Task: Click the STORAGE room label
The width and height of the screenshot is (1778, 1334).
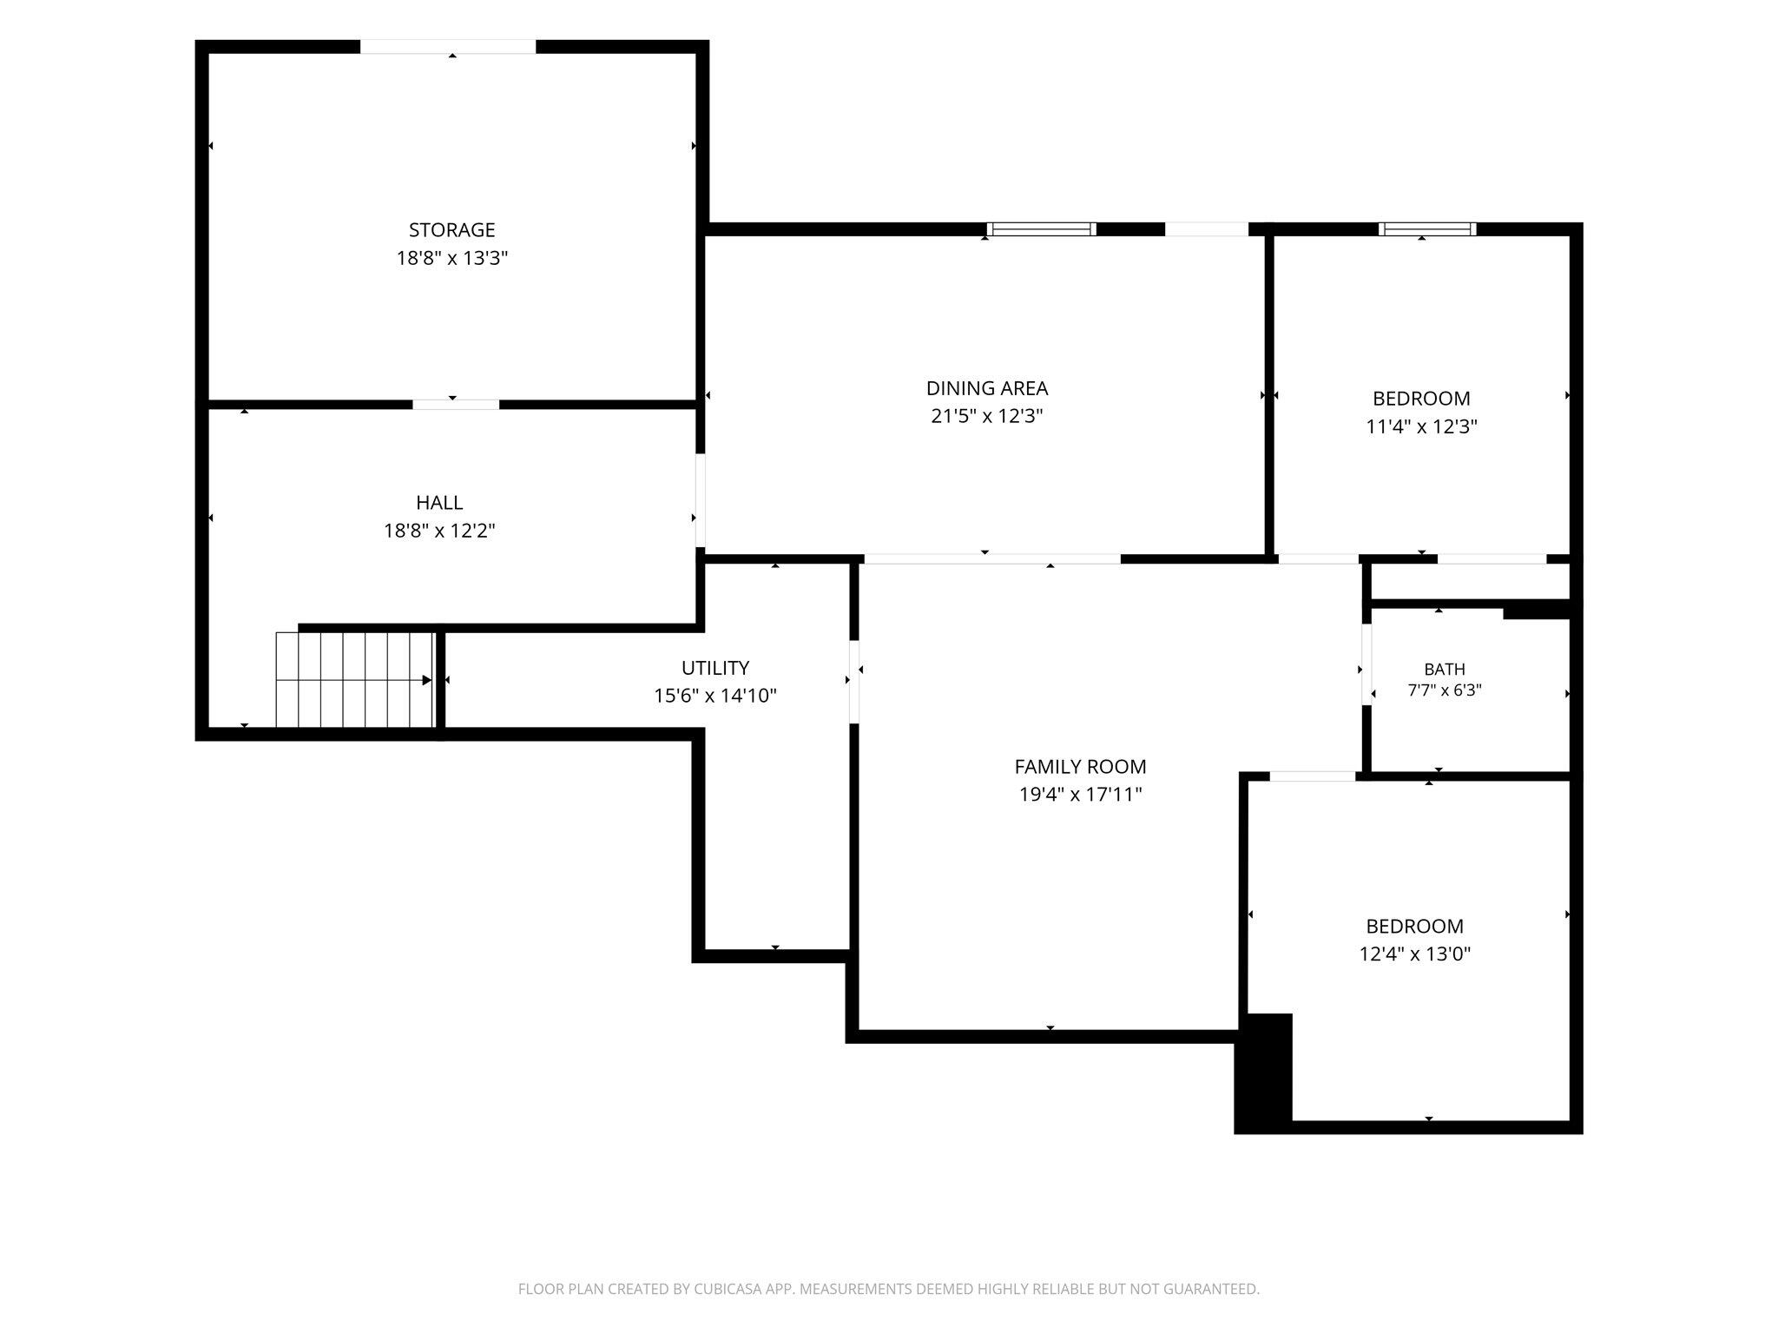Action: click(451, 230)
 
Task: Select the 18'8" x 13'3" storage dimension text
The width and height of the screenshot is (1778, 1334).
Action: click(451, 258)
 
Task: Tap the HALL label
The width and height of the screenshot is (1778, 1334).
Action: click(439, 503)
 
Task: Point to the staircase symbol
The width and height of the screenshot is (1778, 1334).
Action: click(354, 679)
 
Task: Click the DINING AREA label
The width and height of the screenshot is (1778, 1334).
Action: click(987, 388)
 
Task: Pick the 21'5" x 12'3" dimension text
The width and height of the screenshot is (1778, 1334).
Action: click(987, 416)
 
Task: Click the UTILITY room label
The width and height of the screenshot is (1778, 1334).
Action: click(715, 668)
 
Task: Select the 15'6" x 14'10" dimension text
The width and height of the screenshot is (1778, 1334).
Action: click(715, 696)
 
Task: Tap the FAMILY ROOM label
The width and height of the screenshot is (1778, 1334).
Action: click(1080, 767)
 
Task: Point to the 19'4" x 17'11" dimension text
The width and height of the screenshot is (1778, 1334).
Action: click(1080, 795)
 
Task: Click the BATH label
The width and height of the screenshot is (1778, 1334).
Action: click(1445, 670)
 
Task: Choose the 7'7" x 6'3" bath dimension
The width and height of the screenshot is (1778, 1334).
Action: click(1445, 690)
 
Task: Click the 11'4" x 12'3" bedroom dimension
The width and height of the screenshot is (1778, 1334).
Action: click(1421, 426)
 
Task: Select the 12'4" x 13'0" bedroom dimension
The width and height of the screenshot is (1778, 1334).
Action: click(1415, 954)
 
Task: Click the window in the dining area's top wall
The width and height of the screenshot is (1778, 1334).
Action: click(1042, 229)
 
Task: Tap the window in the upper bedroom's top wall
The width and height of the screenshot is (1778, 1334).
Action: click(1427, 229)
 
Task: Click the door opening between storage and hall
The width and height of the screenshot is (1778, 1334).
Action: click(456, 404)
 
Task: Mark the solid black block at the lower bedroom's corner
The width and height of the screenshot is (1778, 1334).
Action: click(1264, 1073)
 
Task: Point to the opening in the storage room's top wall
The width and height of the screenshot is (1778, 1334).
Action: click(448, 47)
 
